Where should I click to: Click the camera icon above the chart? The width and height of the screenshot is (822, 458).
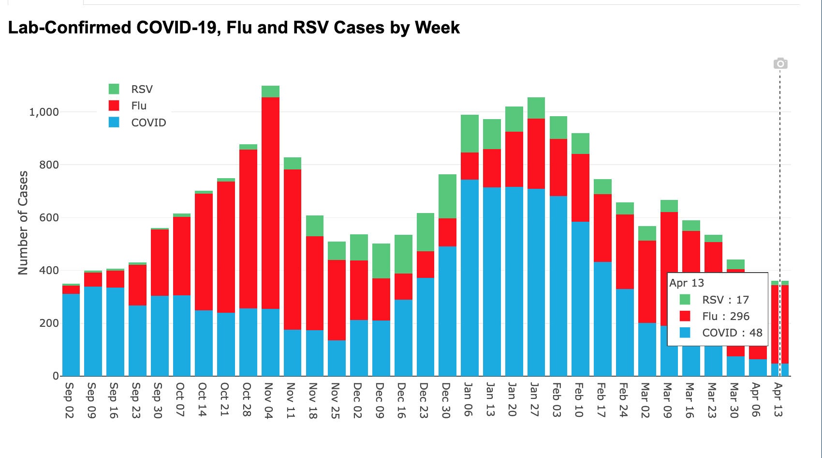click(x=780, y=63)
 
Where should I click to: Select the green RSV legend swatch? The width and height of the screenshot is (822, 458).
click(x=114, y=89)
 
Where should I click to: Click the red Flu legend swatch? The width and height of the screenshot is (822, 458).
click(x=114, y=106)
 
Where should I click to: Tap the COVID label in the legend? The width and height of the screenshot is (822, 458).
click(x=148, y=122)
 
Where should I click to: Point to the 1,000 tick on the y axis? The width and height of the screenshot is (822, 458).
click(x=44, y=112)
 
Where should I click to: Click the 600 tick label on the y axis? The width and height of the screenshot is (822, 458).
click(x=48, y=218)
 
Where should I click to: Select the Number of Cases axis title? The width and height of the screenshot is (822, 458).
click(x=23, y=223)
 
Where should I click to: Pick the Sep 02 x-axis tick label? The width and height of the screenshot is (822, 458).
click(x=69, y=400)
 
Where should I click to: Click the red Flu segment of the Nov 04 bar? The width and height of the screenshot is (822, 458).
click(x=270, y=203)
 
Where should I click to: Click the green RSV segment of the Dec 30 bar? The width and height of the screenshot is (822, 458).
click(x=447, y=196)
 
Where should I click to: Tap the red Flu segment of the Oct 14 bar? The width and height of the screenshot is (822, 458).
click(x=204, y=252)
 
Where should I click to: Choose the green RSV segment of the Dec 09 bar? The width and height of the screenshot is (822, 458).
click(x=381, y=260)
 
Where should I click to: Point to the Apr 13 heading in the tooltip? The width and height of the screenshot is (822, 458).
click(x=687, y=283)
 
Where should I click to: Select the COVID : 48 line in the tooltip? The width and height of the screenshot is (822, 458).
click(x=732, y=333)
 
